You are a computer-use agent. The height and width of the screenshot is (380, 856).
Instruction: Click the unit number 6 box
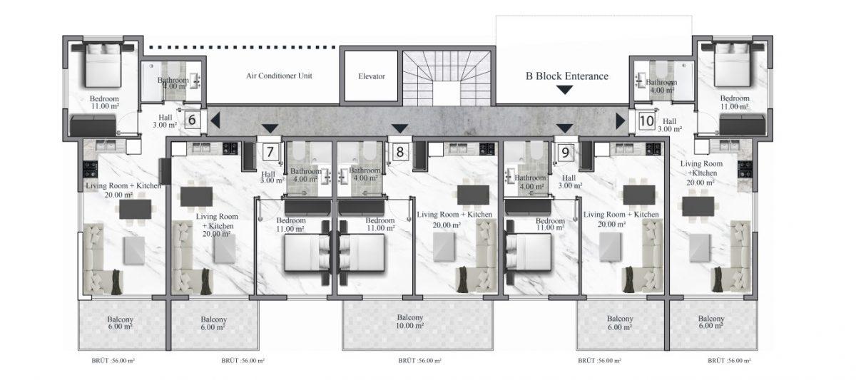pyautogui.click(x=192, y=120)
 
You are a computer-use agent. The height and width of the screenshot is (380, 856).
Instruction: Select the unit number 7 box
pyautogui.click(x=270, y=152)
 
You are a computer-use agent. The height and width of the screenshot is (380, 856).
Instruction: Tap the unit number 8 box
pyautogui.click(x=399, y=152)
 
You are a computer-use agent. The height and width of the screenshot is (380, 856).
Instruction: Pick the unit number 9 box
pyautogui.click(x=565, y=153)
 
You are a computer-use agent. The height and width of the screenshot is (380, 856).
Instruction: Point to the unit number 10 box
pyautogui.click(x=646, y=121)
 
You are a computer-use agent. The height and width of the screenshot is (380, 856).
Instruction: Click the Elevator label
pyautogui.click(x=372, y=76)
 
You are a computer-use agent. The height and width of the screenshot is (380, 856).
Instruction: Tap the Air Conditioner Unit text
pyautogui.click(x=279, y=76)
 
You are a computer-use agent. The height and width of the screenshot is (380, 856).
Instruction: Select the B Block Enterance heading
pyautogui.click(x=566, y=76)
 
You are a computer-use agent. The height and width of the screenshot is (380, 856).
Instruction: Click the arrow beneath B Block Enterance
pyautogui.click(x=564, y=90)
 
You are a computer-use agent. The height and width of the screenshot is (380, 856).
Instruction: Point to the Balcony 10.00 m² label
pyautogui.click(x=409, y=322)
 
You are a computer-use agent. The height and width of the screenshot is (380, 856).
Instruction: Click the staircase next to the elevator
pyautogui.click(x=447, y=78)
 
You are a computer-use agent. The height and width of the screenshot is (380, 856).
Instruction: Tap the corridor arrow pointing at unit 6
pyautogui.click(x=215, y=120)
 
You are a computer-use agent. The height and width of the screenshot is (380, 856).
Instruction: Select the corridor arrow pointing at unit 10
pyautogui.click(x=620, y=121)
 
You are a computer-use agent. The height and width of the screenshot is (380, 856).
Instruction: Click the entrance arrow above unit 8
pyautogui.click(x=399, y=128)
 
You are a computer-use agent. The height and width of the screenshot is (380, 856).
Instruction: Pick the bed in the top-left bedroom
pyautogui.click(x=103, y=66)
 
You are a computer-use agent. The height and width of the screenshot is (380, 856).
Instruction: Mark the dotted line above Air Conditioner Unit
pyautogui.click(x=243, y=47)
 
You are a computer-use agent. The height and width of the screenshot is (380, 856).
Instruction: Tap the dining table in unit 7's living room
pyautogui.click(x=196, y=196)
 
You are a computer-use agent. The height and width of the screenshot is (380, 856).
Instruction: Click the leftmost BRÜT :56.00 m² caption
pyautogui.click(x=113, y=361)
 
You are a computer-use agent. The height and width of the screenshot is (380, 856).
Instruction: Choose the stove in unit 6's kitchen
pyautogui.click(x=91, y=169)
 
